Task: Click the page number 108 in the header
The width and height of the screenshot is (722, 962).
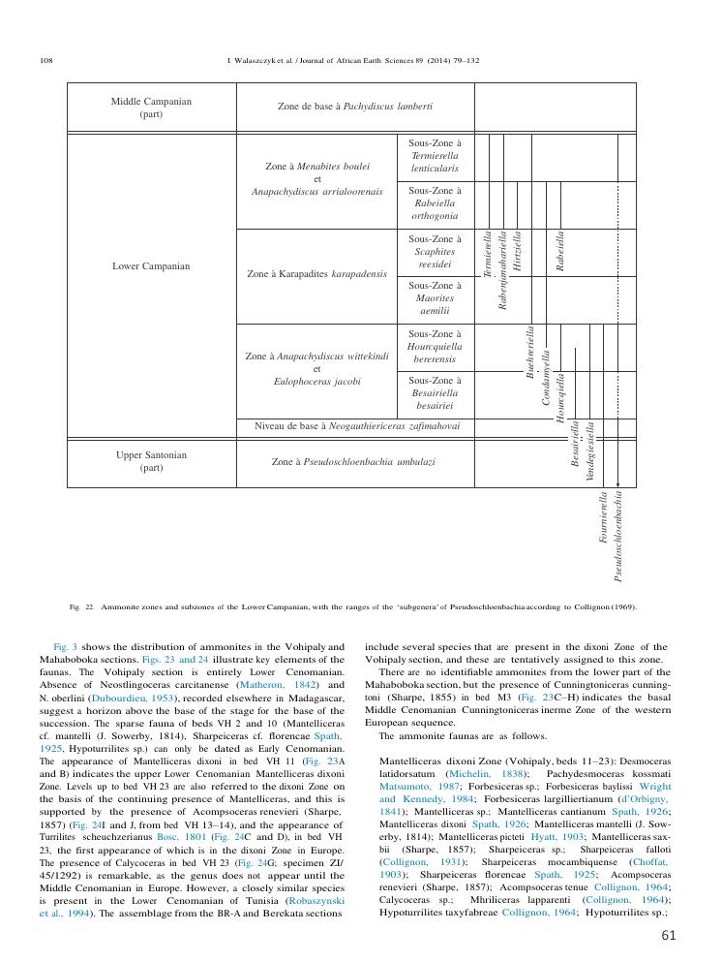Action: [x=45, y=60]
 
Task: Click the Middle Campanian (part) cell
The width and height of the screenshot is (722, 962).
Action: [x=151, y=107]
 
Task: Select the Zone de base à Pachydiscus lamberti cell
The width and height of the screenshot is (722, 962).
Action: [x=354, y=106]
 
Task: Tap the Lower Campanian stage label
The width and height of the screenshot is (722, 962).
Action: [x=151, y=265]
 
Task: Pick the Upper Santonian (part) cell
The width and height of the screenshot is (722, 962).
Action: [x=151, y=461]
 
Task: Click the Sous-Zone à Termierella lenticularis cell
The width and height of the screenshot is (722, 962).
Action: [x=435, y=155]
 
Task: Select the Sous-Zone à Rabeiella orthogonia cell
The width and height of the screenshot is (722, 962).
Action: [x=435, y=202]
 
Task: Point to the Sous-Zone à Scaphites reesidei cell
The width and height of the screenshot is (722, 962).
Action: [x=435, y=251]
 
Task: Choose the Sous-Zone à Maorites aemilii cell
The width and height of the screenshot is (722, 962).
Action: [x=435, y=298]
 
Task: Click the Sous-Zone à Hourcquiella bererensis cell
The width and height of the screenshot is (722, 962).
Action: [x=435, y=346]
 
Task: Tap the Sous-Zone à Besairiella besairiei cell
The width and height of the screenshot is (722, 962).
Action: [x=435, y=393]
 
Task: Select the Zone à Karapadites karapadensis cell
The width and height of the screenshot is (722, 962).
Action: [x=316, y=274]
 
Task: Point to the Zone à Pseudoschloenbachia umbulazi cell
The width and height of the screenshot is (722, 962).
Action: [x=353, y=462]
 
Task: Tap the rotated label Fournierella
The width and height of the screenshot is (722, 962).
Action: [x=604, y=519]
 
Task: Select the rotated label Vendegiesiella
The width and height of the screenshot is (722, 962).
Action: [x=589, y=451]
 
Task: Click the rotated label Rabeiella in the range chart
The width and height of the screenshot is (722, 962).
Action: [x=560, y=251]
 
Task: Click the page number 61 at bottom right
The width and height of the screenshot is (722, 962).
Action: [x=668, y=935]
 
